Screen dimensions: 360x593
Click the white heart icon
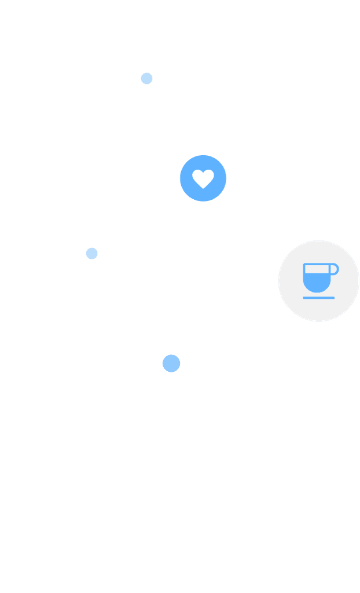[203, 178]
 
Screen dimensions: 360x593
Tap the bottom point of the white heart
[203, 188]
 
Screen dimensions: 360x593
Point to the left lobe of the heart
[198, 175]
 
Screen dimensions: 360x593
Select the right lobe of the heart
[208, 175]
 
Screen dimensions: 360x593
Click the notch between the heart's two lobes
[203, 173]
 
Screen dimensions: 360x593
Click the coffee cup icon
[318, 280]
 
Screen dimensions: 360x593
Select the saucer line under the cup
[318, 298]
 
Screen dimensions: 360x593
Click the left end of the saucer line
[304, 298]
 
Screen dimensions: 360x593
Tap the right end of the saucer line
[333, 298]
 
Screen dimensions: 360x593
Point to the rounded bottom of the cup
[317, 291]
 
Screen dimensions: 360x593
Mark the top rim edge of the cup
[317, 264]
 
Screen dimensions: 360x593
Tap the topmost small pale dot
[147, 78]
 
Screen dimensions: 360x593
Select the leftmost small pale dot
[92, 253]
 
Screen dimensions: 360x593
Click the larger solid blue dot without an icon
[171, 363]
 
